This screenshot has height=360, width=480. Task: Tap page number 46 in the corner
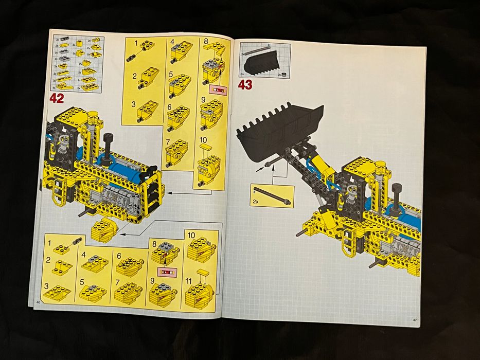tap(38, 302)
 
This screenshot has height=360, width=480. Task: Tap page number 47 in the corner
tap(415, 320)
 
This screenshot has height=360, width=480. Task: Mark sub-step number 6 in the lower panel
tap(119, 256)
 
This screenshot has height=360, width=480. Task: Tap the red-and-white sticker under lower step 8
tap(166, 272)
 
